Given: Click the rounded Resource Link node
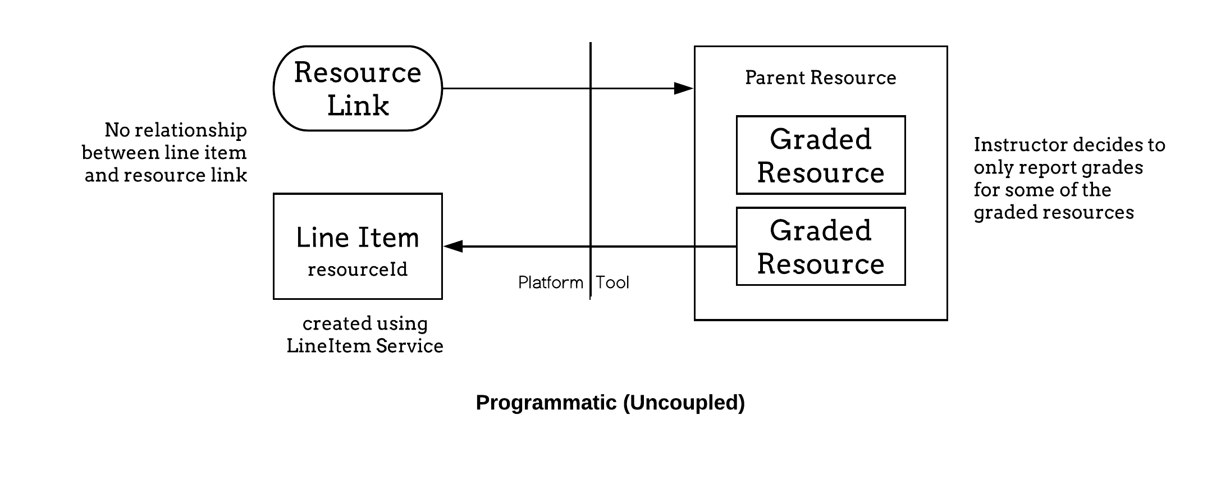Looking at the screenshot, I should (358, 89).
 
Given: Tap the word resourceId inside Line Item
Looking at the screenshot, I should (358, 270).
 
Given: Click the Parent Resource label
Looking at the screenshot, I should (820, 77).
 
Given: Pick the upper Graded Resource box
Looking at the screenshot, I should (820, 155).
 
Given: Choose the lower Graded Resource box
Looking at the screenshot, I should (820, 247).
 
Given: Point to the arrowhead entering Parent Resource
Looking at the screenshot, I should (683, 88).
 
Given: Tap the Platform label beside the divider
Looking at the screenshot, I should (550, 282).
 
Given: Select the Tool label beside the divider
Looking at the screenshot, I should (612, 282).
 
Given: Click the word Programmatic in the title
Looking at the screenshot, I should (546, 403).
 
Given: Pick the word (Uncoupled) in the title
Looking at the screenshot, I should (684, 403).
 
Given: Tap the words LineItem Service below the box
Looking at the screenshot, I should (365, 346).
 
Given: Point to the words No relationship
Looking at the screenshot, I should (176, 130).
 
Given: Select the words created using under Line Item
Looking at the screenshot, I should (365, 323).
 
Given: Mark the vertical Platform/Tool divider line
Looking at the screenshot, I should (590, 168).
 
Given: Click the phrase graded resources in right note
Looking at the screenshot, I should (1054, 212).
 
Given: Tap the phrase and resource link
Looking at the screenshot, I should (166, 175).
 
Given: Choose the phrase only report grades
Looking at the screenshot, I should (1058, 167).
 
